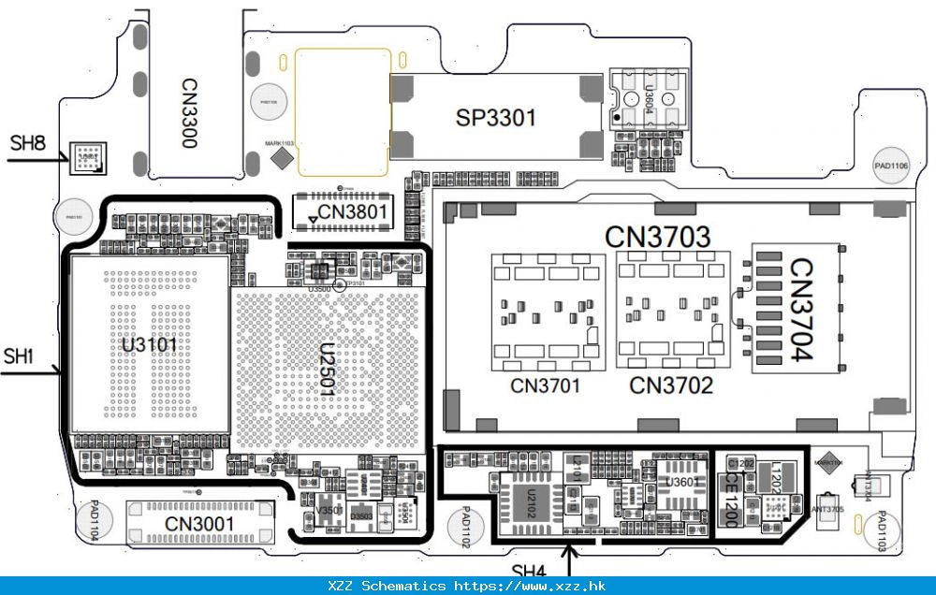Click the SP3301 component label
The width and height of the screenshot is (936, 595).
click(x=496, y=118)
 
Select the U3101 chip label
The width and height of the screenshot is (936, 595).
click(x=149, y=345)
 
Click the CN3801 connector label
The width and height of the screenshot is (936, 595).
click(x=352, y=212)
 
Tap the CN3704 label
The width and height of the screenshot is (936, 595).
click(x=801, y=309)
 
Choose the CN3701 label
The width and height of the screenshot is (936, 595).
click(x=546, y=385)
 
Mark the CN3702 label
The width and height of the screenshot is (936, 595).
click(x=671, y=385)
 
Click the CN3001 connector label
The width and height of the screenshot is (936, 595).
click(x=199, y=524)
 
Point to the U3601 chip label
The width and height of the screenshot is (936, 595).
click(x=680, y=482)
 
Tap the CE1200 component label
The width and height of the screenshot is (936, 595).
click(x=731, y=499)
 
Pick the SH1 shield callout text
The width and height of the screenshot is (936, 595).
click(x=19, y=356)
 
